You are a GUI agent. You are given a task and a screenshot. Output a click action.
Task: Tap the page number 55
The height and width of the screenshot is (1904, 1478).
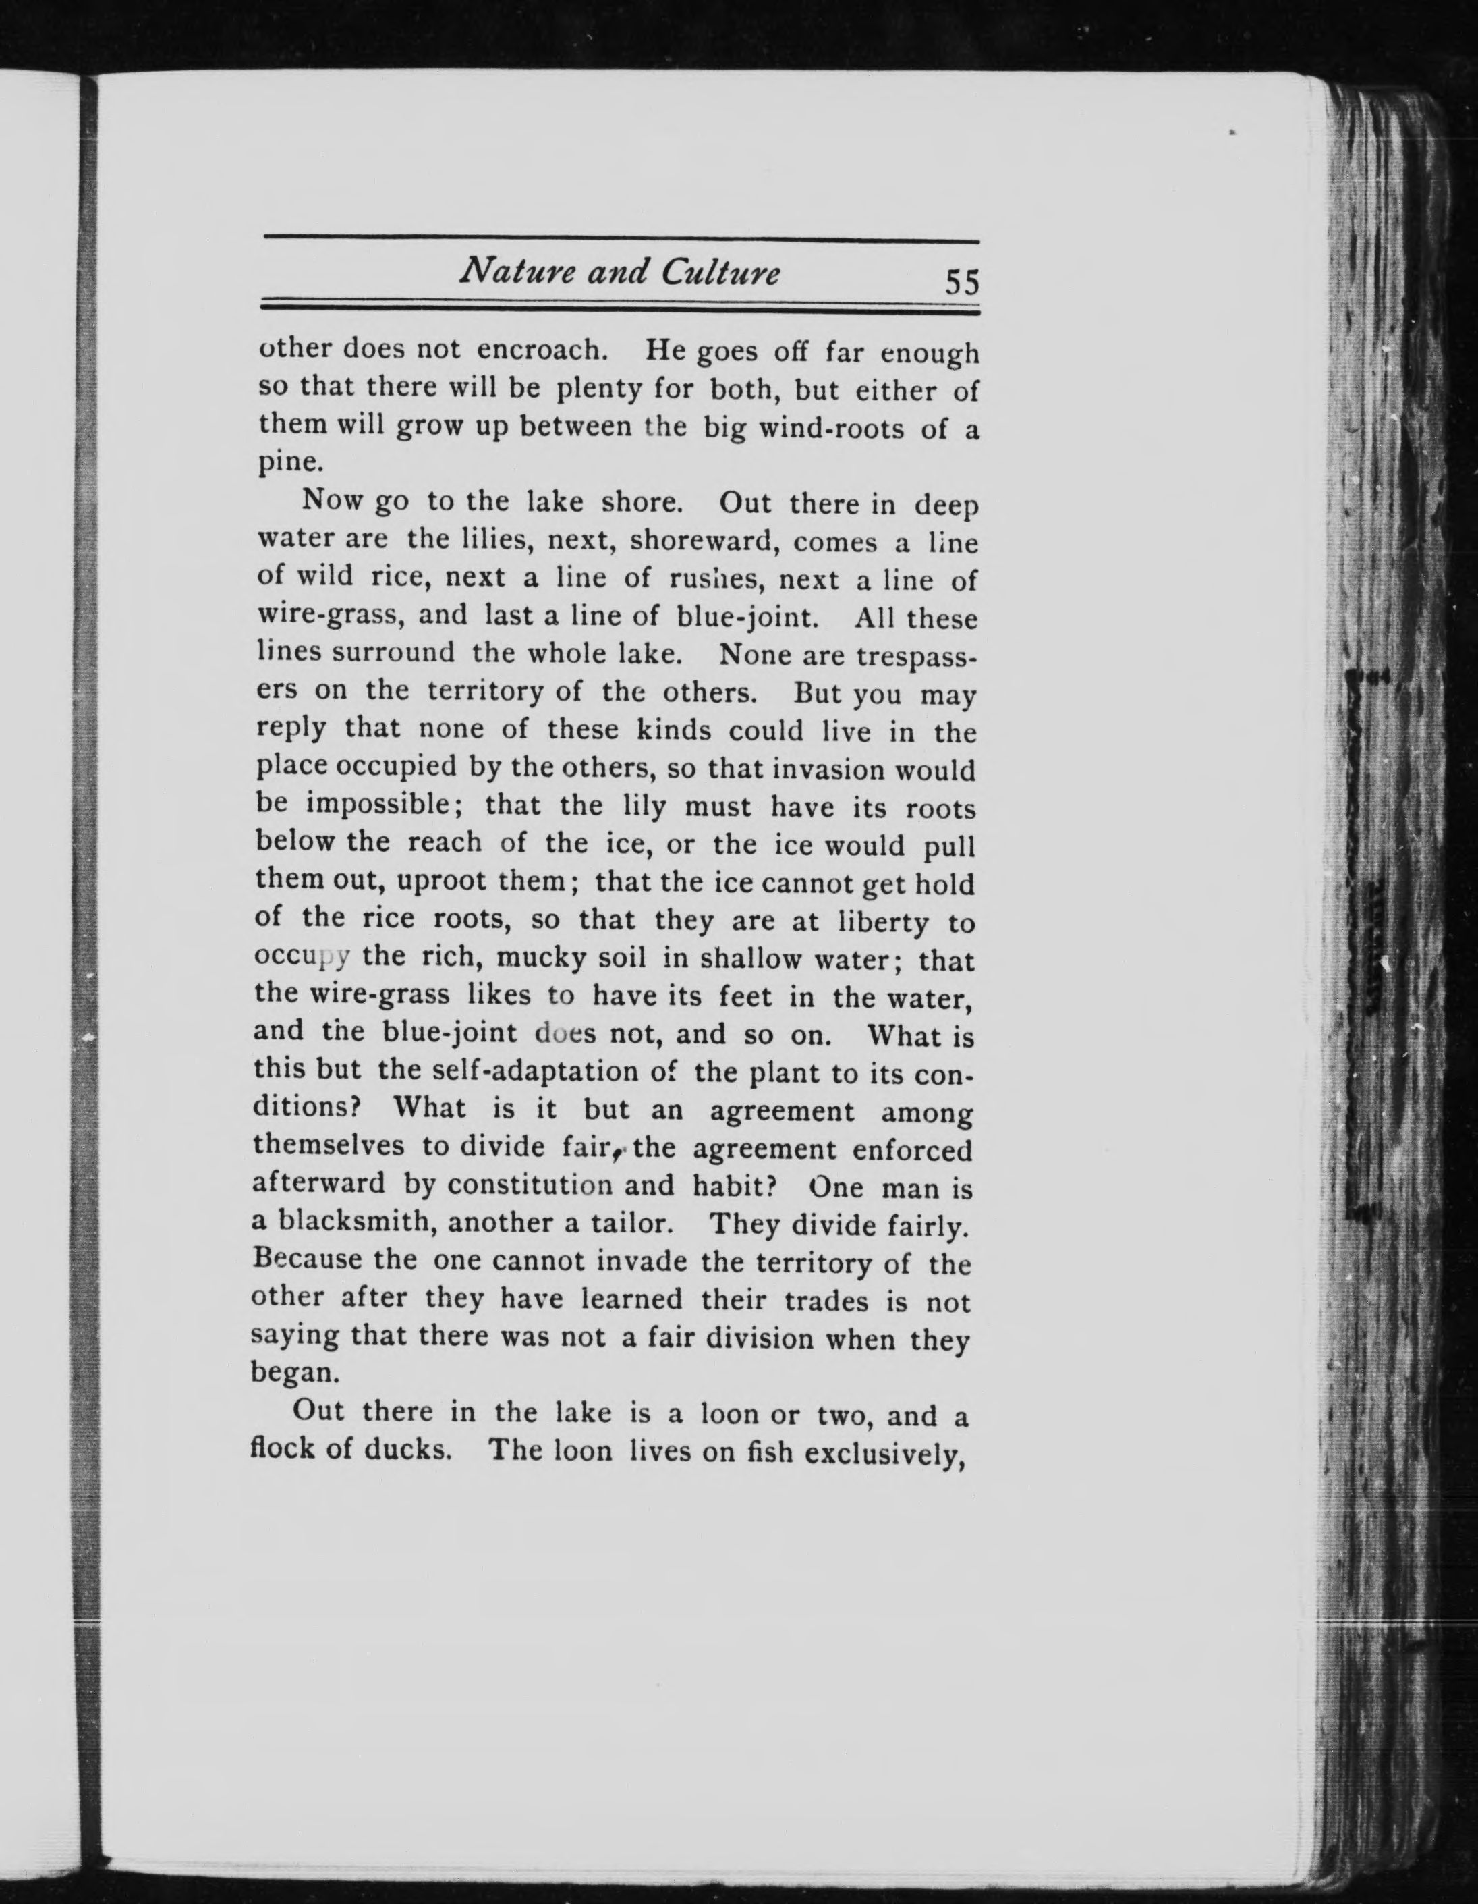pos(962,282)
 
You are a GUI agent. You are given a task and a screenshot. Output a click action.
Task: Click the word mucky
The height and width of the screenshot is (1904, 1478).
pos(534,958)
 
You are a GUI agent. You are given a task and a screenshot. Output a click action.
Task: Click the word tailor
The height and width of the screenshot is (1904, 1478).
pos(630,1223)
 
